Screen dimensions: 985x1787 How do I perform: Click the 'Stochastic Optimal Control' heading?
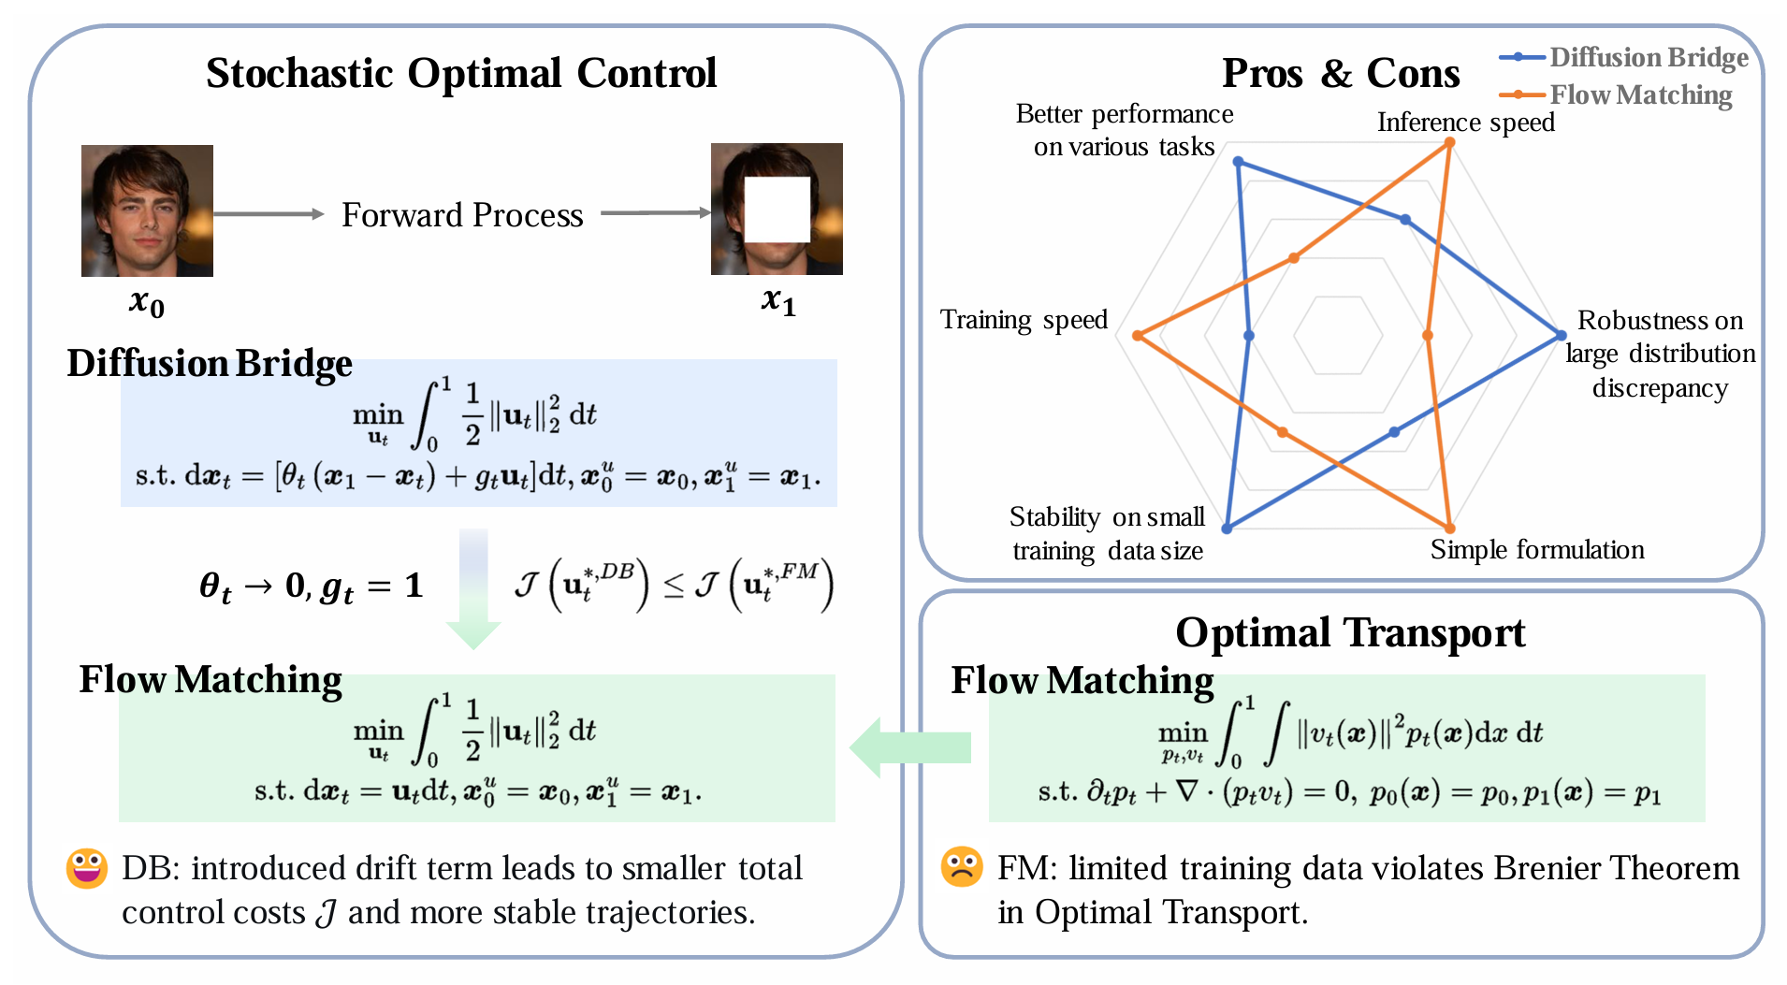461,73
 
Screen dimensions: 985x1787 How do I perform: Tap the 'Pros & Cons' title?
1340,73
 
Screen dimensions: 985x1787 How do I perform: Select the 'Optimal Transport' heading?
1349,632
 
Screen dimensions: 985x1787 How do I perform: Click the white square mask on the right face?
777,209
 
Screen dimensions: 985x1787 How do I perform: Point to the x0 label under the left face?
147,302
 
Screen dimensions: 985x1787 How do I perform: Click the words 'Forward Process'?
462,215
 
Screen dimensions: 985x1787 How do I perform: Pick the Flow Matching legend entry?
1616,94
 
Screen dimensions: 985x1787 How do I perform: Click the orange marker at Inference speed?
1449,143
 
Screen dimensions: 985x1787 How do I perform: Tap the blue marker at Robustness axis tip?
1561,335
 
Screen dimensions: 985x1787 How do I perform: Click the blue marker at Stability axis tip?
1227,529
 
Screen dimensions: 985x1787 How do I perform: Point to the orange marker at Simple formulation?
1449,529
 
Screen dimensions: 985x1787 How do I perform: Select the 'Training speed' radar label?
1024,320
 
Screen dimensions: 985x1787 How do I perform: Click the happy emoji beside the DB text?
86,868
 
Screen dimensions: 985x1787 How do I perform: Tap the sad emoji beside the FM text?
962,867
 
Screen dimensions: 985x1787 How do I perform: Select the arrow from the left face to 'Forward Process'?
269,214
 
